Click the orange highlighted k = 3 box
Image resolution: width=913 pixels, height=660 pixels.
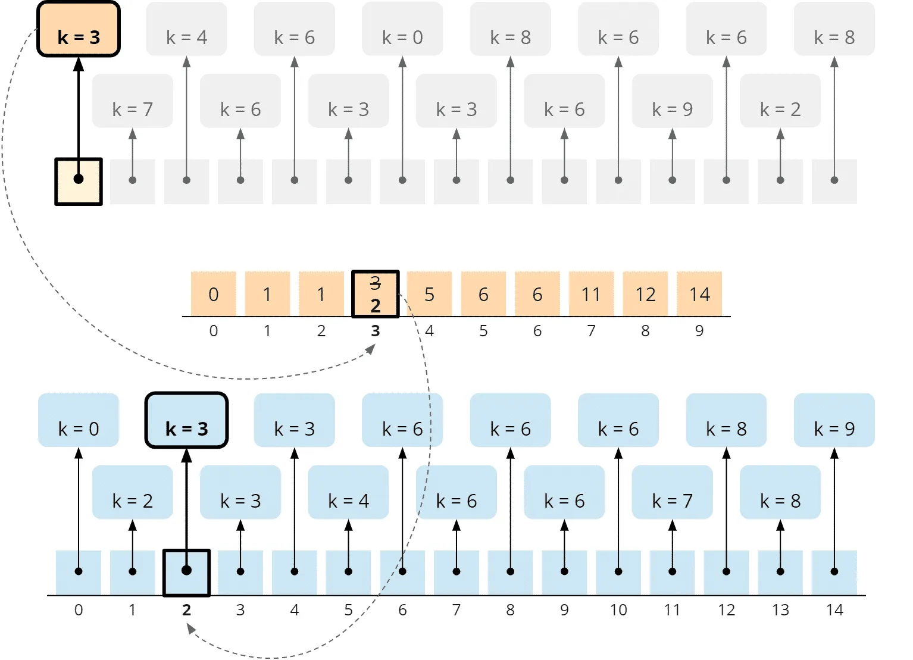79,29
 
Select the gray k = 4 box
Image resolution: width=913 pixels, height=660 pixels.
187,29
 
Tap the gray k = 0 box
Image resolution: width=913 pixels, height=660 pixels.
402,29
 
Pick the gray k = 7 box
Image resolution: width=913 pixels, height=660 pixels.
133,101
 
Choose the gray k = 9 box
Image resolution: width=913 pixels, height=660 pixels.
673,101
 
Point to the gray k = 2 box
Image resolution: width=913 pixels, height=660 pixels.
780,101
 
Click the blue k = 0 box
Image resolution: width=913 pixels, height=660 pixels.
79,420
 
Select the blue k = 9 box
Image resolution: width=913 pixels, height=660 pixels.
834,420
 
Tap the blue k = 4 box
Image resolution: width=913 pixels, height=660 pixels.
349,492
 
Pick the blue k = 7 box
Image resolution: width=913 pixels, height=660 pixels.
673,492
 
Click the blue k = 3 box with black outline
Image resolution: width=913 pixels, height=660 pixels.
187,420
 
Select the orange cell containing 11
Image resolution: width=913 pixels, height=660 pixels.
592,293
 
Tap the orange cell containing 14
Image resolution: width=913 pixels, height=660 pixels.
699,293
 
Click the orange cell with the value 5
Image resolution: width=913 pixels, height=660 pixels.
429,293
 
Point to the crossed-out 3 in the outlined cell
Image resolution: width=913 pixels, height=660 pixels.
376,283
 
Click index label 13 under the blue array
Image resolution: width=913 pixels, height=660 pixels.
780,610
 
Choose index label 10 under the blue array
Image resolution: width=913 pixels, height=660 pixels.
618,610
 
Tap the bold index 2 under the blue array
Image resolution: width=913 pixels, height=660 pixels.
187,610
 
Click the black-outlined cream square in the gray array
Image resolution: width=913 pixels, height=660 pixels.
79,182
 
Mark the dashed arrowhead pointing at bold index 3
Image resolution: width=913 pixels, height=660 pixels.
370,349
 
